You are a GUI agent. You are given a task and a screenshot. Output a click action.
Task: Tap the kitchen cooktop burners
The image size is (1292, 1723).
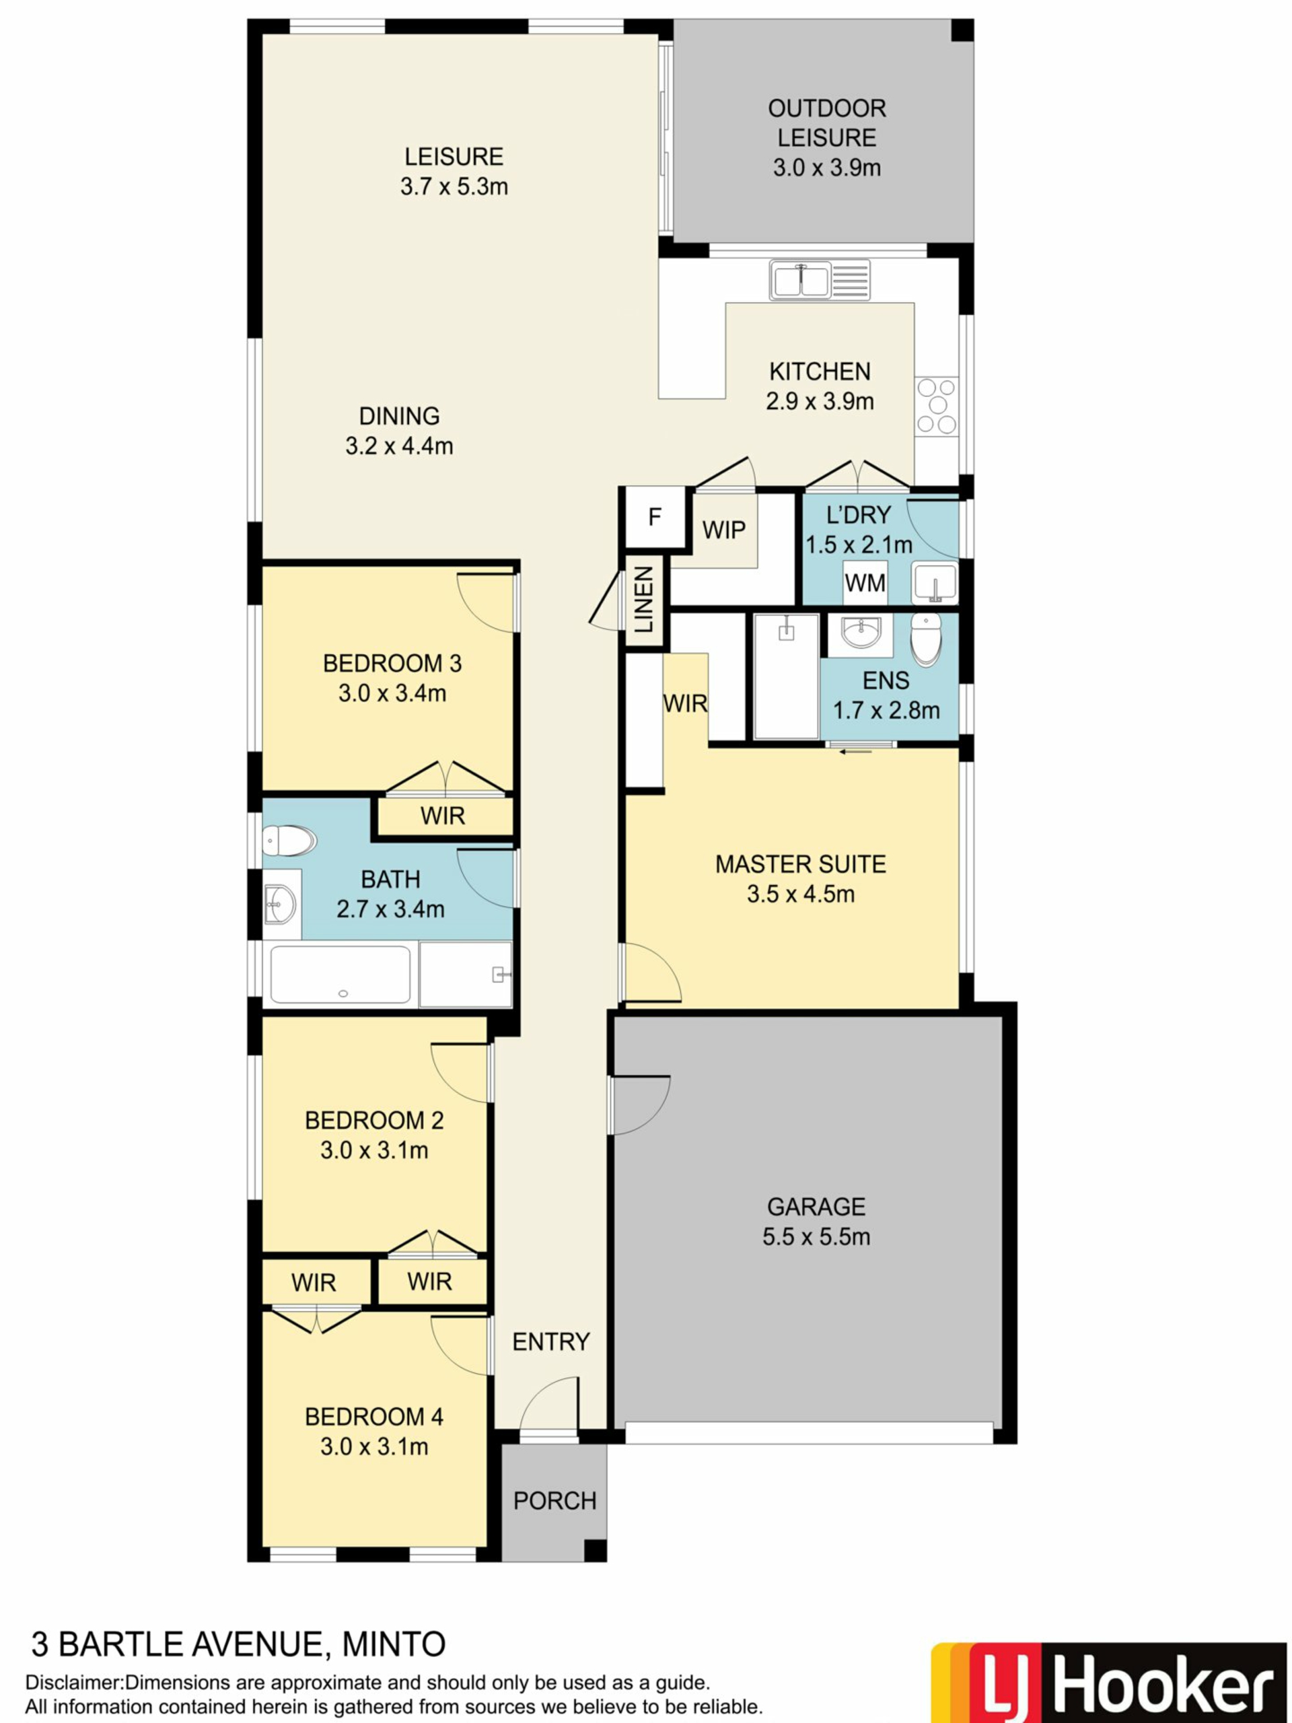[x=937, y=405]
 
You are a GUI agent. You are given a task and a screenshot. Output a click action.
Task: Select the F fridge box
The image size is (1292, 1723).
[x=655, y=516]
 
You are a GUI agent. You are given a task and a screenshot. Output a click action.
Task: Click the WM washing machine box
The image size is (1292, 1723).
[x=865, y=582]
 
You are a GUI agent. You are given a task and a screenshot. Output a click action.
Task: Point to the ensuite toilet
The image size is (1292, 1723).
[x=926, y=639]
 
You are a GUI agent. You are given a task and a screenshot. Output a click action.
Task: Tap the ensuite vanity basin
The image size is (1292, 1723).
[x=861, y=633]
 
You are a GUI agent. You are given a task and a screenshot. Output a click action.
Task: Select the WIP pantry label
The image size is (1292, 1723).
[x=723, y=530]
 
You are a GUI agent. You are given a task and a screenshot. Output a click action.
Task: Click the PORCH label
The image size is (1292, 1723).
[x=554, y=1501]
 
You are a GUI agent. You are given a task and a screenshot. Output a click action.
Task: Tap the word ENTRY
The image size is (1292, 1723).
[x=550, y=1341]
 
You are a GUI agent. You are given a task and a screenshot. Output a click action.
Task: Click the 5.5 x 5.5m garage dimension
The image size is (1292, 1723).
[x=816, y=1236]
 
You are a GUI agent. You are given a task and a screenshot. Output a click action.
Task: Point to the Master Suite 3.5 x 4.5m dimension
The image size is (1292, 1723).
[x=801, y=893]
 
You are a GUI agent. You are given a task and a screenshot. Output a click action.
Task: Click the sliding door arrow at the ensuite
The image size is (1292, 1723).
[x=855, y=752]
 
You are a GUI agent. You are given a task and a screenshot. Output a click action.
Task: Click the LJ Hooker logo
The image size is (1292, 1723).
[x=1109, y=1680]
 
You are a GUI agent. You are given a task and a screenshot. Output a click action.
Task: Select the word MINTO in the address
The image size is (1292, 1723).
[x=394, y=1644]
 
